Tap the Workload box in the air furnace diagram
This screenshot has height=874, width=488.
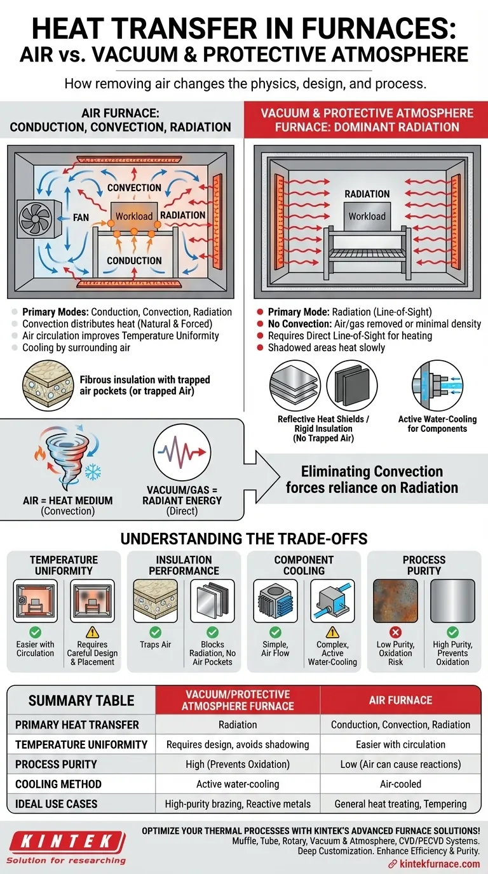(x=134, y=215)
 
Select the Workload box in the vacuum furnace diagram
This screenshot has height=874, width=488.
(x=367, y=215)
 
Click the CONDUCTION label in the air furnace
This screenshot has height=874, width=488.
(x=134, y=260)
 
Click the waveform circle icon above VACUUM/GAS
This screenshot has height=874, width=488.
(x=182, y=454)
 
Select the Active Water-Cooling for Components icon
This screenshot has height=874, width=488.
(x=437, y=385)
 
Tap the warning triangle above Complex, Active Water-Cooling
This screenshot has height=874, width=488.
(x=332, y=633)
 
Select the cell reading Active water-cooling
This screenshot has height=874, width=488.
(x=238, y=784)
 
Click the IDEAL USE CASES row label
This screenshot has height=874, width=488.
(x=57, y=803)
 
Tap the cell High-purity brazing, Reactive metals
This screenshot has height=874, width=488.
(x=238, y=803)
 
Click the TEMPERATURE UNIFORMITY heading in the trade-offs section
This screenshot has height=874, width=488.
(x=64, y=565)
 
